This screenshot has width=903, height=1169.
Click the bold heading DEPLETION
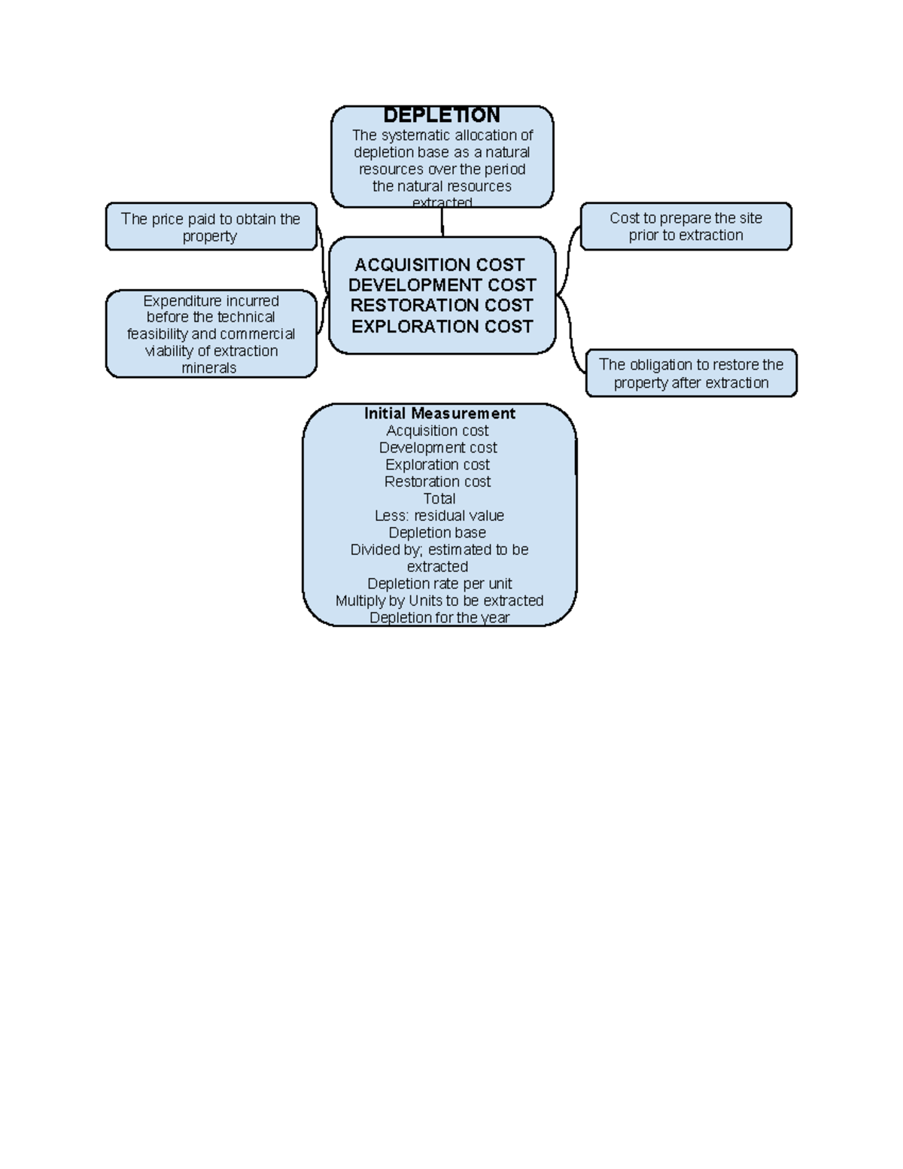coord(442,115)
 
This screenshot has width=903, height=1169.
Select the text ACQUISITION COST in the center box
coord(439,265)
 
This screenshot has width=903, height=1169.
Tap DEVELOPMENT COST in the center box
coord(442,285)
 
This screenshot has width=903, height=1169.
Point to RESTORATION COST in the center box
coord(442,306)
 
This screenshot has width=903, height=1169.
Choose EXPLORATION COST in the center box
coord(442,327)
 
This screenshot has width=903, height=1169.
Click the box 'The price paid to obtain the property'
coord(211,227)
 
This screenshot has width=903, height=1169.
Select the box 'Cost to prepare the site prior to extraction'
coord(686,226)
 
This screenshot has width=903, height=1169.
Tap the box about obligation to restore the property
coord(691,373)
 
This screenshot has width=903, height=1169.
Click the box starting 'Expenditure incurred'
coord(211,333)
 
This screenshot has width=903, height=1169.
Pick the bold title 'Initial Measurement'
coord(439,413)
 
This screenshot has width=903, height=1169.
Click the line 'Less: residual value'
coord(439,516)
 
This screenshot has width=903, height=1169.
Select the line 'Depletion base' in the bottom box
coord(437,533)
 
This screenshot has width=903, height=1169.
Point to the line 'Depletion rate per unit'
coord(439,584)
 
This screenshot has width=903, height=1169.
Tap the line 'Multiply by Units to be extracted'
coord(439,601)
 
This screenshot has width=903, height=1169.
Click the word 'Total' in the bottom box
coord(439,499)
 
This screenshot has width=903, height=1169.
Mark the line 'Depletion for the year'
coord(439,617)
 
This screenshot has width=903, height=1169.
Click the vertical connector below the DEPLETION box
coord(442,222)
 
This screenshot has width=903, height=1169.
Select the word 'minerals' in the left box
coord(209,368)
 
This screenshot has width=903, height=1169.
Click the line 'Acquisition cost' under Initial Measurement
coord(437,431)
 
